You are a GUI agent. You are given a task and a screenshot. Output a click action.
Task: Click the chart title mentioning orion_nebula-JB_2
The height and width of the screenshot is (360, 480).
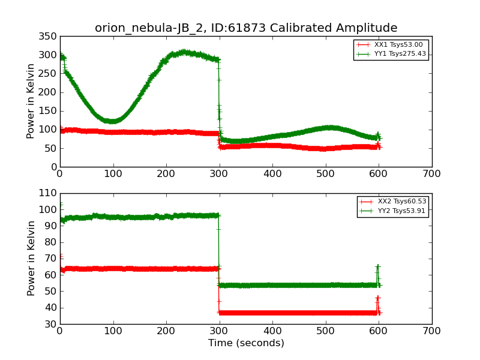click(246, 28)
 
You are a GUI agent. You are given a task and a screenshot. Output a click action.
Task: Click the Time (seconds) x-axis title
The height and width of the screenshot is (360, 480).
click(246, 343)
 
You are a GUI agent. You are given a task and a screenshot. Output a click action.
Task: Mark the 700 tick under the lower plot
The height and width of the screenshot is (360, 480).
click(432, 331)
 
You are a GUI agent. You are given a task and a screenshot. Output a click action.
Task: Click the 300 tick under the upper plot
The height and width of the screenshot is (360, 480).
click(220, 174)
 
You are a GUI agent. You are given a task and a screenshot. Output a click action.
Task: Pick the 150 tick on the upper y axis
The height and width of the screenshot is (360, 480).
click(47, 112)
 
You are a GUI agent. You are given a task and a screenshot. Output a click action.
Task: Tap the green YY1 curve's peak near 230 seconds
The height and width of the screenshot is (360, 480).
click(183, 52)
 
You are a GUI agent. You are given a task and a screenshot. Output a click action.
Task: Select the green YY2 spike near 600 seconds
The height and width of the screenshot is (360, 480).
click(377, 266)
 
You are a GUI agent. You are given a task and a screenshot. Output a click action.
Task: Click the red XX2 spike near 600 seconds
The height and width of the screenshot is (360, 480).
click(377, 298)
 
